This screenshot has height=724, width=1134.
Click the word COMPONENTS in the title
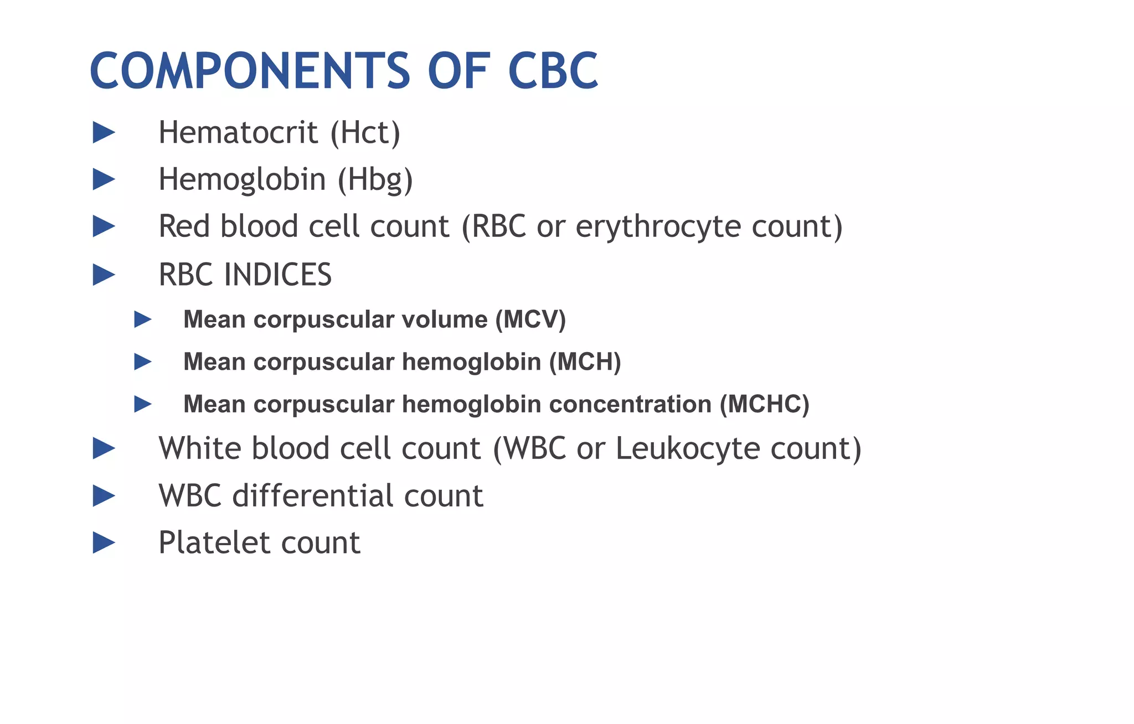click(249, 71)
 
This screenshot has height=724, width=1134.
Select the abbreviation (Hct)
click(365, 133)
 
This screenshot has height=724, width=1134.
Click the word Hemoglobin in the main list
click(242, 180)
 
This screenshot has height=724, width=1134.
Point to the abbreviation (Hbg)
click(375, 180)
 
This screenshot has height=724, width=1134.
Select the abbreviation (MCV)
click(530, 320)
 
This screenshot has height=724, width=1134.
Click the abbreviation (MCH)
click(585, 362)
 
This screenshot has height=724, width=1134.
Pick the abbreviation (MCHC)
click(764, 405)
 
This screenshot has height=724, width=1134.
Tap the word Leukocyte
click(688, 448)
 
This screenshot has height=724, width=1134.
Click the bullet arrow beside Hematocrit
click(103, 133)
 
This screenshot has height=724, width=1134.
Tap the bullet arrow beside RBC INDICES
click(103, 275)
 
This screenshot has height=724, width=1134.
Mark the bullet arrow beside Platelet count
click(103, 542)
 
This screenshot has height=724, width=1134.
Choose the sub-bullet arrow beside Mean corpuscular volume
click(142, 319)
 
